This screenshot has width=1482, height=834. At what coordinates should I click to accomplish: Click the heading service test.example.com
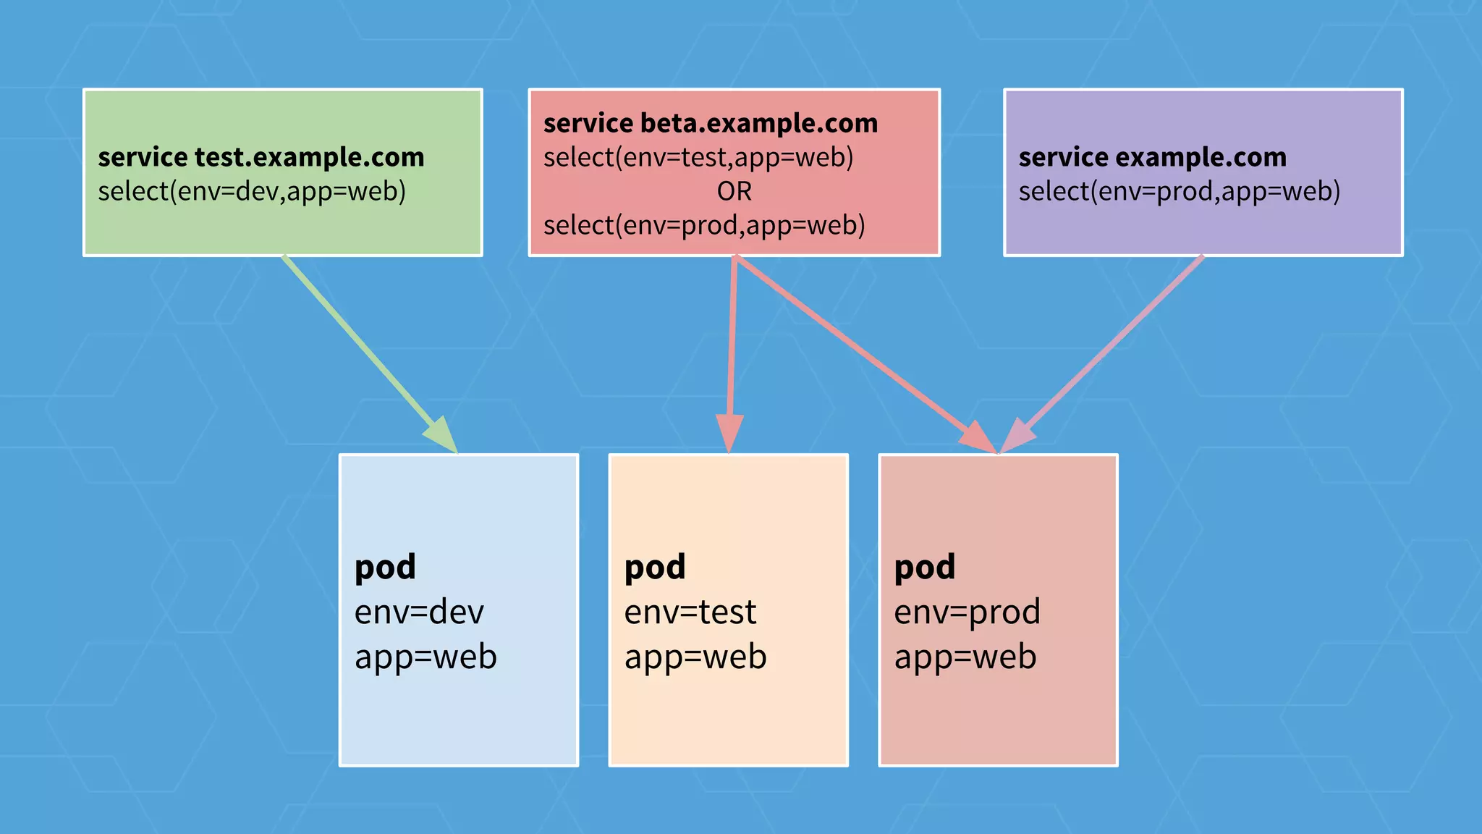(x=261, y=157)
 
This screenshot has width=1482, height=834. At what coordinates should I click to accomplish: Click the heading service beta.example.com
(x=710, y=123)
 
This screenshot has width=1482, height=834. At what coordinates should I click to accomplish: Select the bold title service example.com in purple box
(x=1152, y=157)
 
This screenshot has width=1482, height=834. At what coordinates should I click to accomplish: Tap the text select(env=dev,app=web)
(x=251, y=191)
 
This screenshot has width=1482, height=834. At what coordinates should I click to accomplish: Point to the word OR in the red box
(x=734, y=191)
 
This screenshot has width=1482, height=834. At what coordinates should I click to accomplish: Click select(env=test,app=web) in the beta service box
(x=698, y=157)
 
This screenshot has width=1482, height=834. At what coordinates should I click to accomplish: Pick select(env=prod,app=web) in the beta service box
(x=704, y=225)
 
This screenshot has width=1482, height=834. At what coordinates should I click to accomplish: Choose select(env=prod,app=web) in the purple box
(x=1179, y=191)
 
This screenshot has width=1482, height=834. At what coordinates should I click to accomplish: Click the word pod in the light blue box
(x=385, y=567)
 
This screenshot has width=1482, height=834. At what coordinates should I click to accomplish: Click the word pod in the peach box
(x=655, y=567)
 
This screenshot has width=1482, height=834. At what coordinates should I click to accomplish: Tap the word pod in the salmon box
(x=924, y=567)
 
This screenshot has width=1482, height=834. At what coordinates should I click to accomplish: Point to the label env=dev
(x=418, y=612)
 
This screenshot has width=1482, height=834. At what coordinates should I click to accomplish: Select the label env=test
(x=690, y=612)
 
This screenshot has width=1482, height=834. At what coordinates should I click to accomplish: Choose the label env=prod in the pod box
(x=967, y=612)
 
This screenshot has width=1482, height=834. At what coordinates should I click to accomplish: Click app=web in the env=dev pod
(x=425, y=657)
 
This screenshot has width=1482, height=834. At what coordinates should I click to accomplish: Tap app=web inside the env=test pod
(x=695, y=657)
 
